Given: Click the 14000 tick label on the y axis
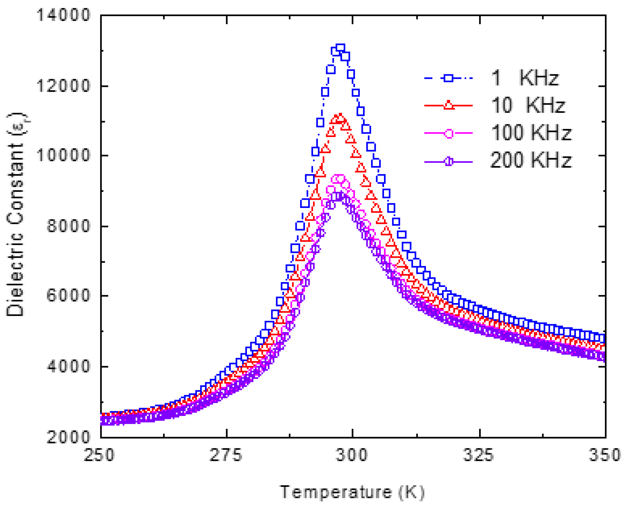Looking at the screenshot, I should point(63,15).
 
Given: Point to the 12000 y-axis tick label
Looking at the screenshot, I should point(63,86).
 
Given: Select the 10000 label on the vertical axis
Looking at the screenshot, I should point(63,155).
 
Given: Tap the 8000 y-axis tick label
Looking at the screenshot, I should point(68,226).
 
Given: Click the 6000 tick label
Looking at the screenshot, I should point(68,296).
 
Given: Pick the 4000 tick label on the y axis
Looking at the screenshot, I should point(68,366).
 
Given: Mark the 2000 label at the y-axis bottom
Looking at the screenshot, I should point(68,437).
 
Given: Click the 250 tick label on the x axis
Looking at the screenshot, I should point(99,455).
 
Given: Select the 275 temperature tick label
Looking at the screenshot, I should point(226,455).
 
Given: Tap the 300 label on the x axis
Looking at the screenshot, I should point(352,455).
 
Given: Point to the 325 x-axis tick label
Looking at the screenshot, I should point(479,455).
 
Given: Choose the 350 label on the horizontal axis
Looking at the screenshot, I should point(605,455).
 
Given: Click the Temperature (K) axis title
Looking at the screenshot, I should point(352,492).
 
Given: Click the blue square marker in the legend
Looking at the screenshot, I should point(448,78).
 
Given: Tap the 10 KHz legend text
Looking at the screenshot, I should point(528,105).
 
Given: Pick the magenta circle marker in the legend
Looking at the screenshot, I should point(449,133).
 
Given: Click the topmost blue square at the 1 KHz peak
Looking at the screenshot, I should point(340,48).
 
